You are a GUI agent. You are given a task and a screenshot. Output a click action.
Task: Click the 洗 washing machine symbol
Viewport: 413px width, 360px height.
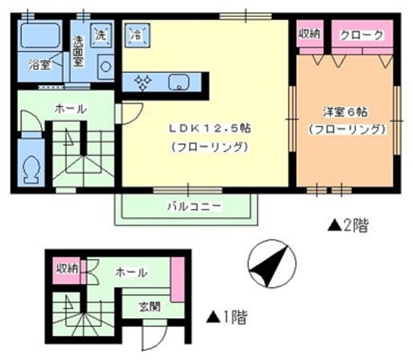point(100,35)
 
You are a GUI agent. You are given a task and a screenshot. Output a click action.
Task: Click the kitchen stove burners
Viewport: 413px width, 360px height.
point(143,82)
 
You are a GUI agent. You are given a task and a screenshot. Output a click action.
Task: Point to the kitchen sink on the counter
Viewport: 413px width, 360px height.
point(177,82)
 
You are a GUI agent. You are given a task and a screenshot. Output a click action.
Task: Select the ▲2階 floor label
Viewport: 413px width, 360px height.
point(348,226)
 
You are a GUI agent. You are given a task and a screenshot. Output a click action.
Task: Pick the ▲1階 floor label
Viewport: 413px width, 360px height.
point(226,317)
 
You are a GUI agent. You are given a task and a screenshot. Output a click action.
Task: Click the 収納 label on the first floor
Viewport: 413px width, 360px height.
point(66,268)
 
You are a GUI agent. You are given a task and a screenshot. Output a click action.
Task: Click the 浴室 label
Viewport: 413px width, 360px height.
point(36,65)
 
